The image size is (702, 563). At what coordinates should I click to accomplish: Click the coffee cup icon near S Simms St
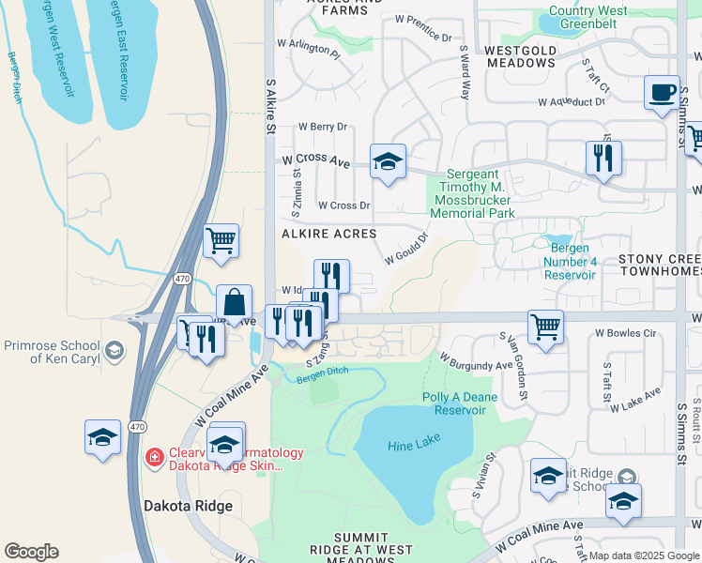(x=663, y=93)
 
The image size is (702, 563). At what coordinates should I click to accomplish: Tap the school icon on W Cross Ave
(x=387, y=161)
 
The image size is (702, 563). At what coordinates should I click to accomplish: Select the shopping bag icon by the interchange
(x=234, y=303)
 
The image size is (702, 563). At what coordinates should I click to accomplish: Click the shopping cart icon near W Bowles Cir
(x=545, y=327)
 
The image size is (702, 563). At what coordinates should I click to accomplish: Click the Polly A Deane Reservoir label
(x=460, y=404)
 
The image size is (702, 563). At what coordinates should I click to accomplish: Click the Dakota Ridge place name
(x=188, y=506)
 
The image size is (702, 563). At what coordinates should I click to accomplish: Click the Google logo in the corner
(x=31, y=552)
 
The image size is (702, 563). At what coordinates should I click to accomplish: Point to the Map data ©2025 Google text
(x=643, y=555)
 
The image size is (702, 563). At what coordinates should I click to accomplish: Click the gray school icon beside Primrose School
(x=114, y=351)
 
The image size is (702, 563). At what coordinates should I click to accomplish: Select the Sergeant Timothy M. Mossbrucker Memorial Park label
(x=473, y=193)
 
